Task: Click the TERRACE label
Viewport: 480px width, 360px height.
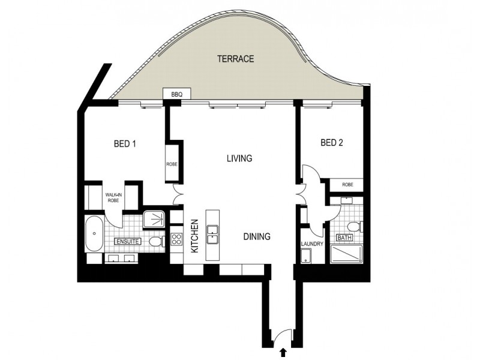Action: coord(236,59)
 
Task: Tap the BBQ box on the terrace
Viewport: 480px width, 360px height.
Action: coord(176,95)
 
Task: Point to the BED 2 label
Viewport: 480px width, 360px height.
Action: coord(332,143)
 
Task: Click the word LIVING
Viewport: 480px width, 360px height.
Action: coord(239,159)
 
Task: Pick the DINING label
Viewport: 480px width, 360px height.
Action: coord(257,236)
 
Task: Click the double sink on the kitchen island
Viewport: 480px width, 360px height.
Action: coord(213,234)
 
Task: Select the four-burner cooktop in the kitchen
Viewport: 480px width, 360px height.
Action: coord(176,239)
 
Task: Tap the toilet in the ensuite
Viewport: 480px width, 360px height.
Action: coord(156,242)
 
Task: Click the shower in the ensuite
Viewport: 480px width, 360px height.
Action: coord(156,219)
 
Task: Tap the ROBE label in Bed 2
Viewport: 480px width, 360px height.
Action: coord(347,185)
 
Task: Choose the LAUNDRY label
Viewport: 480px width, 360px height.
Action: coord(312,245)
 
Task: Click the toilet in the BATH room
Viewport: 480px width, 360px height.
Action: coord(355,226)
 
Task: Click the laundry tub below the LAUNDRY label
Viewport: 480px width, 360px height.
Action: coord(306,257)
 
